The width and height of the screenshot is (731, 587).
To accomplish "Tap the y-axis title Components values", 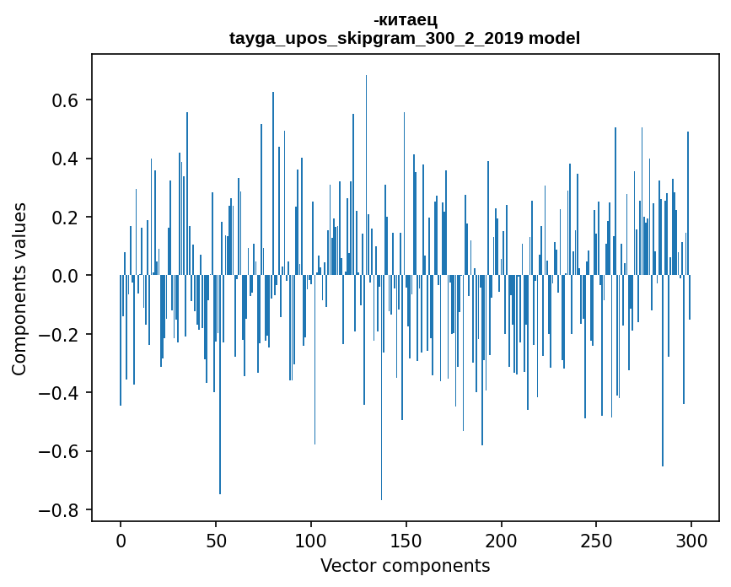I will pyautogui.click(x=19, y=288).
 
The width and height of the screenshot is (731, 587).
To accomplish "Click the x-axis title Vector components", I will pyautogui.click(x=405, y=565).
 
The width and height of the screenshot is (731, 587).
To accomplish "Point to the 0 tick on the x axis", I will pyautogui.click(x=121, y=540).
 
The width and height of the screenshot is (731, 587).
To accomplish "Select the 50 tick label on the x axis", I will pyautogui.click(x=216, y=540).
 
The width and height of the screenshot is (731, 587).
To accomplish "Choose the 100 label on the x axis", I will pyautogui.click(x=311, y=540).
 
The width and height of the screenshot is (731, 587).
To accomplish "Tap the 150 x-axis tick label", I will pyautogui.click(x=406, y=540).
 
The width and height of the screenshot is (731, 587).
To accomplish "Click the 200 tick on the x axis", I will pyautogui.click(x=502, y=540).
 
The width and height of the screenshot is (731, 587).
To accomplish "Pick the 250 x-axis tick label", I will pyautogui.click(x=597, y=540).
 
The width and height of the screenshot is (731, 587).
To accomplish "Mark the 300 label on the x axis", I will pyautogui.click(x=692, y=540).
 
